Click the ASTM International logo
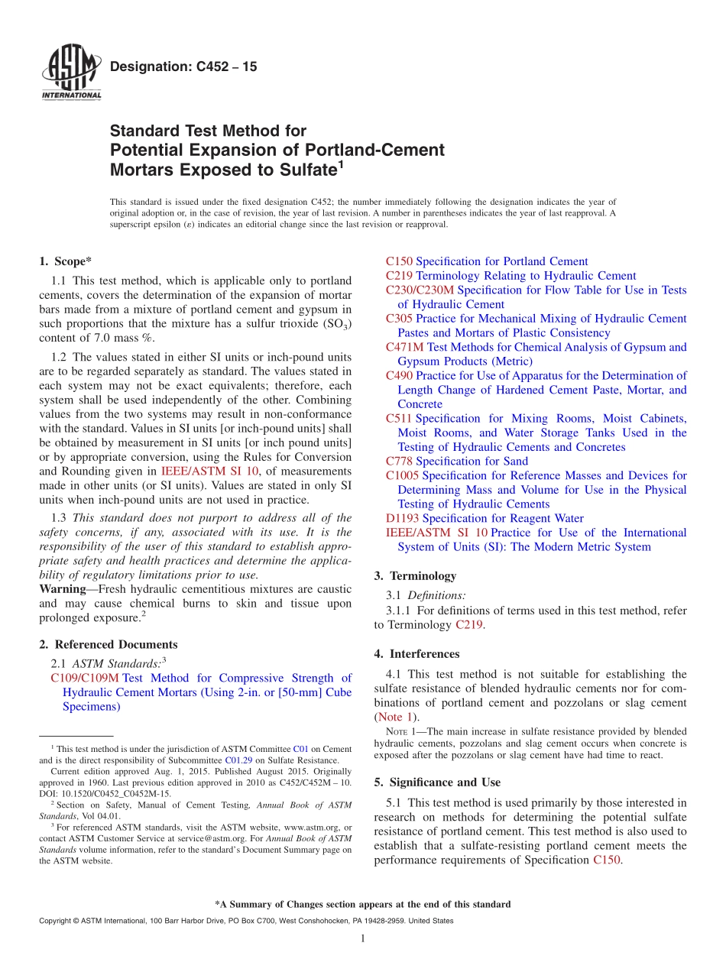[x=71, y=73]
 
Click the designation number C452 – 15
[x=183, y=67]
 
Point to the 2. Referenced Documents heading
[x=108, y=644]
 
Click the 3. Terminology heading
[x=415, y=575]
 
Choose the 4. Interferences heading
[x=416, y=653]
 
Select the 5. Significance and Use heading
[x=437, y=782]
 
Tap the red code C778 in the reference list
[x=399, y=461]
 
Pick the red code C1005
[x=402, y=475]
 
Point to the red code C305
[x=399, y=318]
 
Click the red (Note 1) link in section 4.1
[x=396, y=717]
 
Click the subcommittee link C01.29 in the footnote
[x=235, y=760]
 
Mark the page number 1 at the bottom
[x=363, y=938]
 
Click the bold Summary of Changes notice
[x=362, y=904]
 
